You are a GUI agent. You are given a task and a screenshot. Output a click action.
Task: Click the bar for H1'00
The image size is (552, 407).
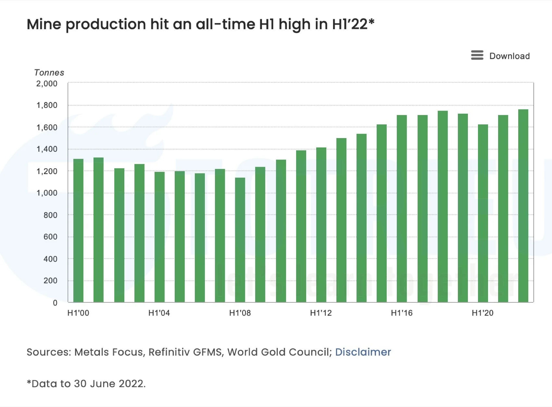click(x=78, y=231)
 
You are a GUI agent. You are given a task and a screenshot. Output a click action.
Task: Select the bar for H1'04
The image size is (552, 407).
click(x=159, y=237)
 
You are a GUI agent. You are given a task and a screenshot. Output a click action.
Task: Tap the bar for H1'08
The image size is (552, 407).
click(x=240, y=240)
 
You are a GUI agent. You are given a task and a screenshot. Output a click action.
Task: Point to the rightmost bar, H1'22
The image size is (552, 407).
click(x=523, y=206)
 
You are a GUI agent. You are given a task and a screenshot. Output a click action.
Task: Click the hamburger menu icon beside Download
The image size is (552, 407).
click(x=477, y=56)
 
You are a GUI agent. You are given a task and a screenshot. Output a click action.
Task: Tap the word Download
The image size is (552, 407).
click(x=509, y=56)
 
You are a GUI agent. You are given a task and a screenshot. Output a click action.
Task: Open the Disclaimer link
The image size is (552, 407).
click(x=363, y=352)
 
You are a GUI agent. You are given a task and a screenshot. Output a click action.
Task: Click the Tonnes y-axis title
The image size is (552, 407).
click(x=49, y=72)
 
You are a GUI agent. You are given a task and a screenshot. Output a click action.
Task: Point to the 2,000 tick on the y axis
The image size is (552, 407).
click(x=47, y=84)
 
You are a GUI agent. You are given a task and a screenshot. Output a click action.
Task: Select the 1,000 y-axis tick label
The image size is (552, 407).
click(x=47, y=193)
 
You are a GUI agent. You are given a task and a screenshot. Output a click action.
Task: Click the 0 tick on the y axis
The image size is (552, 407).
click(x=55, y=303)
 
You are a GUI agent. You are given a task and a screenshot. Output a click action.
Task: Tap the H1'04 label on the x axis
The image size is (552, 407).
click(x=159, y=313)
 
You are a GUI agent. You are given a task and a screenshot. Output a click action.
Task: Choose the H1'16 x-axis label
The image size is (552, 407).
click(x=402, y=313)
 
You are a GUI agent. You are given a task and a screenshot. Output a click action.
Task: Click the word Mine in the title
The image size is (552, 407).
click(x=44, y=24)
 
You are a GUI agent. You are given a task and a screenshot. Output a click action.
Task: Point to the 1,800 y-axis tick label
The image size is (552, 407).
click(x=47, y=105)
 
